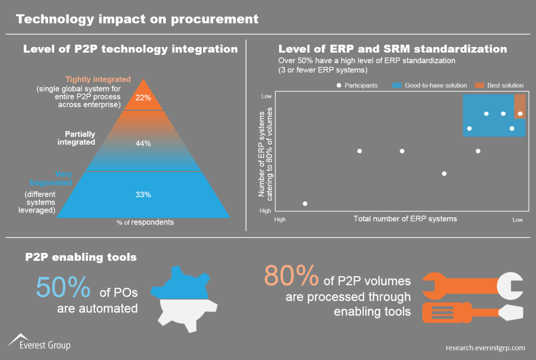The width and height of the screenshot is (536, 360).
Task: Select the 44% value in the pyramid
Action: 143,143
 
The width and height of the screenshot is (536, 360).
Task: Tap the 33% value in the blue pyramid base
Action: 143,195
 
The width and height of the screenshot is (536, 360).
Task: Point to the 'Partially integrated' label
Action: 80,138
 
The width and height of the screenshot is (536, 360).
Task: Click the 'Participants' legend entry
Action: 357,85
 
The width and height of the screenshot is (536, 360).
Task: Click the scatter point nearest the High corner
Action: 305,204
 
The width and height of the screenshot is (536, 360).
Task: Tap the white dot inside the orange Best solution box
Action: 520,114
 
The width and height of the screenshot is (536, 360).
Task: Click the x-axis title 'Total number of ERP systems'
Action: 405,219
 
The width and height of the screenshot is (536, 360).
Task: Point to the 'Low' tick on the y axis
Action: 266,96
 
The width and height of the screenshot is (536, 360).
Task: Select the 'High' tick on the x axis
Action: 280,220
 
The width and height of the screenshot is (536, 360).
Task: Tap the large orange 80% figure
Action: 291,276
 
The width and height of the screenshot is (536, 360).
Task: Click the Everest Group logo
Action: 39,342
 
